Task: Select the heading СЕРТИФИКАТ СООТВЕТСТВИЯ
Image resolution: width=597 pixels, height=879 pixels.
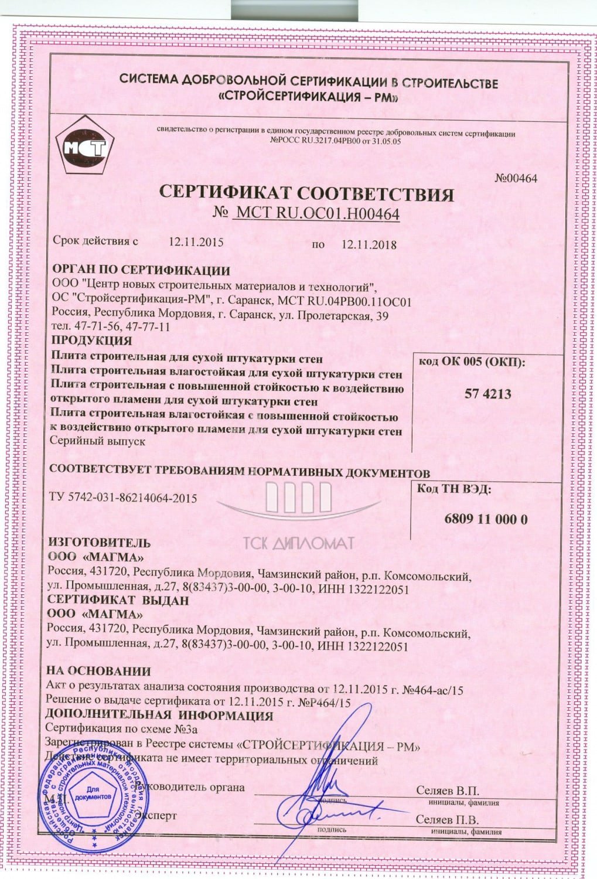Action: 307,194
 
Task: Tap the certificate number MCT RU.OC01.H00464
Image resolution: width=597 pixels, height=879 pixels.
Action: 316,214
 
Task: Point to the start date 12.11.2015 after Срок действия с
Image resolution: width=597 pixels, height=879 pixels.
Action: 196,241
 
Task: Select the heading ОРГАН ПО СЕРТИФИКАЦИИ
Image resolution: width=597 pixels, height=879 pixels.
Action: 141,271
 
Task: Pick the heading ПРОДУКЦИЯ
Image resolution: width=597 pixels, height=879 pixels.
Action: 91,340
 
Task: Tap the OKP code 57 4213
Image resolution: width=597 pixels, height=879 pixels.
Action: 487,394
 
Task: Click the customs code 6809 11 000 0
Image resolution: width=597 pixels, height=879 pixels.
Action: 486,519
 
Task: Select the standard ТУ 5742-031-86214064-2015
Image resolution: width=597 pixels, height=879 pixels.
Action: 124,498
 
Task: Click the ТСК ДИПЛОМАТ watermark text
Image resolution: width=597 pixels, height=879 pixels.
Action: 299,543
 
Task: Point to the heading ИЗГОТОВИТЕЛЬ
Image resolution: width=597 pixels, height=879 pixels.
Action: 99,543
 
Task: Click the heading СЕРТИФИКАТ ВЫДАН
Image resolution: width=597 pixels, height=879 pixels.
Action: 118,601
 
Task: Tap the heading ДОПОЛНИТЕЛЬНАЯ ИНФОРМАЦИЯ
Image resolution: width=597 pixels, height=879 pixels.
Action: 159,716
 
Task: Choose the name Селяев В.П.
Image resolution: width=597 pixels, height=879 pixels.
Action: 448,791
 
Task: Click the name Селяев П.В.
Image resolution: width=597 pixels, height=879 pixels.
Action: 448,819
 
